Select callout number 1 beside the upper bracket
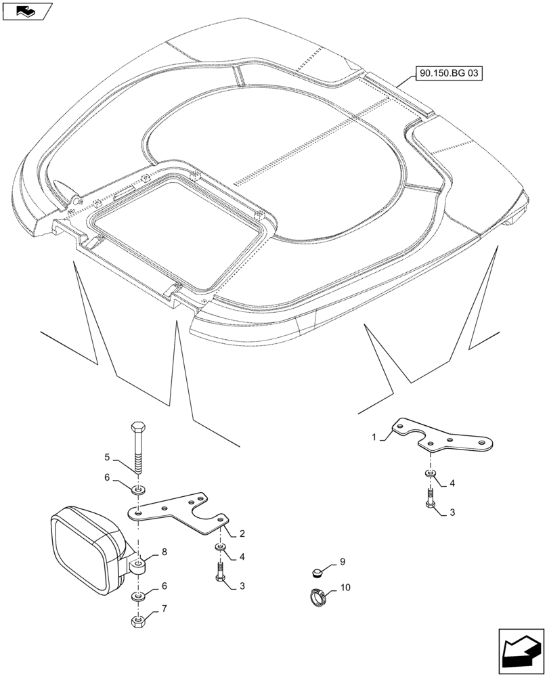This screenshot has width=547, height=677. [374, 438]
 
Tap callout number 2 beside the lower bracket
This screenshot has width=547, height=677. [242, 533]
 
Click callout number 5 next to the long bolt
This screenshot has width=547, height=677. [106, 458]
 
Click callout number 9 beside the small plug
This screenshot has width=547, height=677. [343, 561]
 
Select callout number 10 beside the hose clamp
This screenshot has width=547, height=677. [345, 588]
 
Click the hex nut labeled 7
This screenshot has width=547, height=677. [138, 620]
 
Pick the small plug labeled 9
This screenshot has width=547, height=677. [318, 573]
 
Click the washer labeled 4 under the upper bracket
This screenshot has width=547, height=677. [429, 473]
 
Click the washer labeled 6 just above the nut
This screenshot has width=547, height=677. [138, 596]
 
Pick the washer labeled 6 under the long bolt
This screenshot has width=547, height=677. [138, 489]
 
